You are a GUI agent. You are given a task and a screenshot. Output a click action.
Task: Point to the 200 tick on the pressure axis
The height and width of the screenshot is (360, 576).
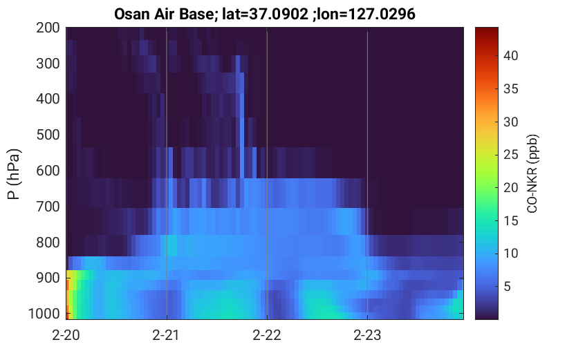point(48,28)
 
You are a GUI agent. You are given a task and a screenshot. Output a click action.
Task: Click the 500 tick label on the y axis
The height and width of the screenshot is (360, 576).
point(48,135)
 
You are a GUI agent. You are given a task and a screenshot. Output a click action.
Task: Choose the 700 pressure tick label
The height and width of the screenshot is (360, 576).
point(48,207)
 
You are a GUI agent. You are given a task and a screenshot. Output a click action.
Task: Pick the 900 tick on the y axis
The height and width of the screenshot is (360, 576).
point(48,278)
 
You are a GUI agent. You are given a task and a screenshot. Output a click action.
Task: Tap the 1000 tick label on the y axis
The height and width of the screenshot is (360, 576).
point(44,314)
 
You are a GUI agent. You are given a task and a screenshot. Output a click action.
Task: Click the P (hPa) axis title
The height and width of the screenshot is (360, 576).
point(14,174)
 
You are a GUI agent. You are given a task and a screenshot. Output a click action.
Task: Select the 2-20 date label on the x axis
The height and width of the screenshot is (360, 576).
point(66,335)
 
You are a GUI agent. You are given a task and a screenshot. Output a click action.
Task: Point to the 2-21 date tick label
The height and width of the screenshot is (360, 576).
point(166,335)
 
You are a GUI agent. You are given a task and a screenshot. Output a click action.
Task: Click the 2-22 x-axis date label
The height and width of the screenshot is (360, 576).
point(267,335)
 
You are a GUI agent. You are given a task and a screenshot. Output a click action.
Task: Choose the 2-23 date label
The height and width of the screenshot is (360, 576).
point(367,335)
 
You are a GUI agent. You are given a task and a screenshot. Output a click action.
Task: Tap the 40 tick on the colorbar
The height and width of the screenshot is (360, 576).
point(510,56)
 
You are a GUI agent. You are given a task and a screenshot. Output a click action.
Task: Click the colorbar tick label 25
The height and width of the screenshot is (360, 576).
point(510,155)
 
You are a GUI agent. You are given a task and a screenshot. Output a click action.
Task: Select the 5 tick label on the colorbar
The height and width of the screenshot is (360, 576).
point(508,286)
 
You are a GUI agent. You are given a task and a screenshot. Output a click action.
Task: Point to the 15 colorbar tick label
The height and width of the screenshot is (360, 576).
point(510,220)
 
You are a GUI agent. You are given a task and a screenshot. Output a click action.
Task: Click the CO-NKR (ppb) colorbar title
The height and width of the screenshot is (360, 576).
point(532,173)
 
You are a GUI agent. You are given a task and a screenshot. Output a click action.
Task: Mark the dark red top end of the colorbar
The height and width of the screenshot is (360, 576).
point(487,29)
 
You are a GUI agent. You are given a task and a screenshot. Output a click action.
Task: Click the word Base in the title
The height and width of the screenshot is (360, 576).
point(198,15)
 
